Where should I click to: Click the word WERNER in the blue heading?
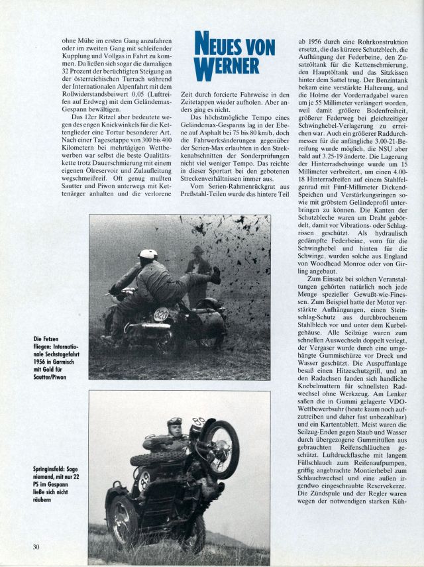[x=226, y=66]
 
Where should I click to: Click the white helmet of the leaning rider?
[x=148, y=254]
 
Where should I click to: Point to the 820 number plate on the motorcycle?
[x=161, y=315]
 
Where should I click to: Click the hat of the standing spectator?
[x=197, y=250]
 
